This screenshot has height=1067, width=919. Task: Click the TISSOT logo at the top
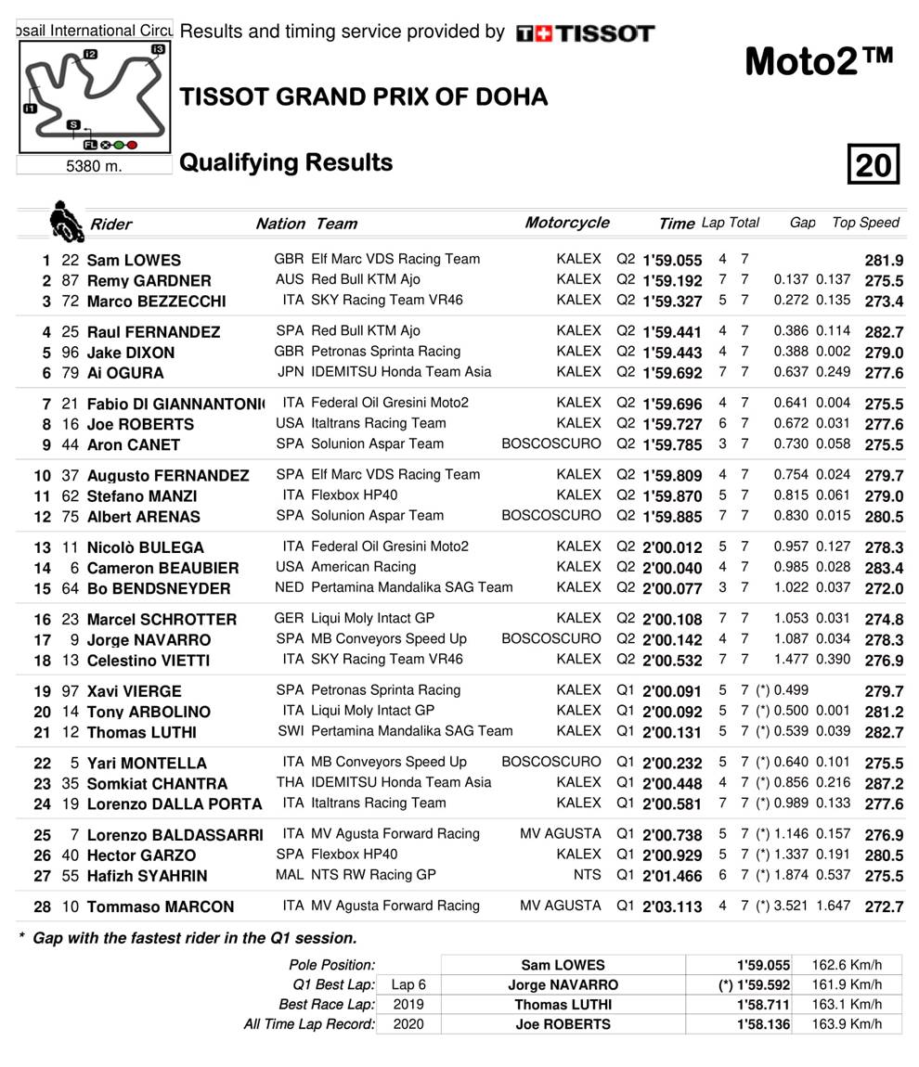tap(585, 33)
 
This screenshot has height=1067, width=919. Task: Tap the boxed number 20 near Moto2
tap(873, 165)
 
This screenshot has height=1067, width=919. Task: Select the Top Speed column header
tap(865, 223)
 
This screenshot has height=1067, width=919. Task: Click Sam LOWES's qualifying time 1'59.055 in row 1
tap(672, 261)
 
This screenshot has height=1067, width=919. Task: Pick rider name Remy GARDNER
tap(149, 280)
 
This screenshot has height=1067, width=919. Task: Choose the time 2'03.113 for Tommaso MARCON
tap(672, 906)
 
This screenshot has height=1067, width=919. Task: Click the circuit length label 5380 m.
tap(94, 167)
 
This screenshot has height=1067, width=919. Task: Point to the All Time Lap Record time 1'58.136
tap(763, 1024)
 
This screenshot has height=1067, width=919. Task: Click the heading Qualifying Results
tap(286, 163)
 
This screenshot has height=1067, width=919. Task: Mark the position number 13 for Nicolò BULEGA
tap(43, 547)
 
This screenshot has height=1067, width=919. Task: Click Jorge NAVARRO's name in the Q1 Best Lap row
tap(563, 984)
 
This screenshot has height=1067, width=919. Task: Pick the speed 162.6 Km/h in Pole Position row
tap(847, 965)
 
